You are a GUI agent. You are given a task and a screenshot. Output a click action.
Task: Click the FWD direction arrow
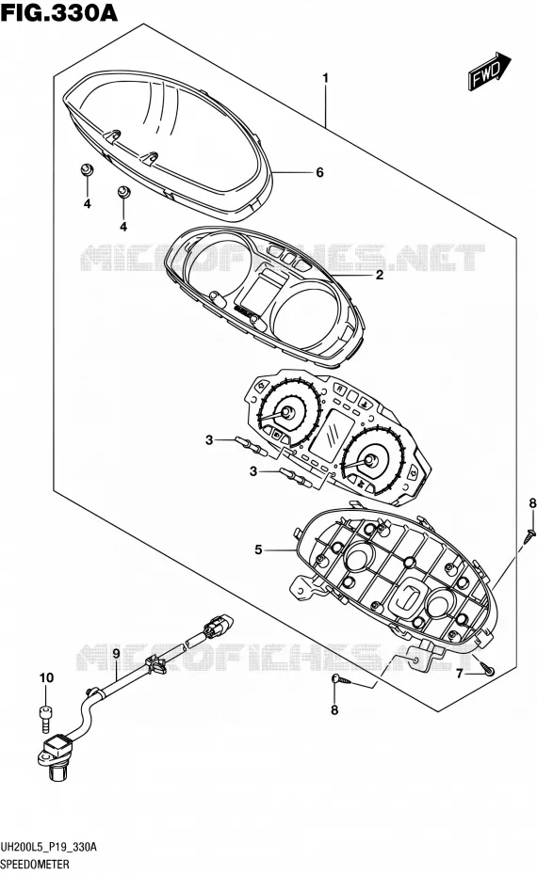point(489,71)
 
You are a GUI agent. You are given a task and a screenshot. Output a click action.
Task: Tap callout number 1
point(325,78)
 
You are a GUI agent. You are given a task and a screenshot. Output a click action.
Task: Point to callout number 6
point(319,172)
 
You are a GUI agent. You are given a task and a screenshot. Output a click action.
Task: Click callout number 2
point(380,275)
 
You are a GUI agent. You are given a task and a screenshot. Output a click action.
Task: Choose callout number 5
point(258,549)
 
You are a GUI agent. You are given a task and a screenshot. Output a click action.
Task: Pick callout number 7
point(460,674)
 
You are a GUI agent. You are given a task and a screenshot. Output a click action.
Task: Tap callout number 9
point(116,653)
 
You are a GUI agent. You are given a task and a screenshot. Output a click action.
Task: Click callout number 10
point(46,677)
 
